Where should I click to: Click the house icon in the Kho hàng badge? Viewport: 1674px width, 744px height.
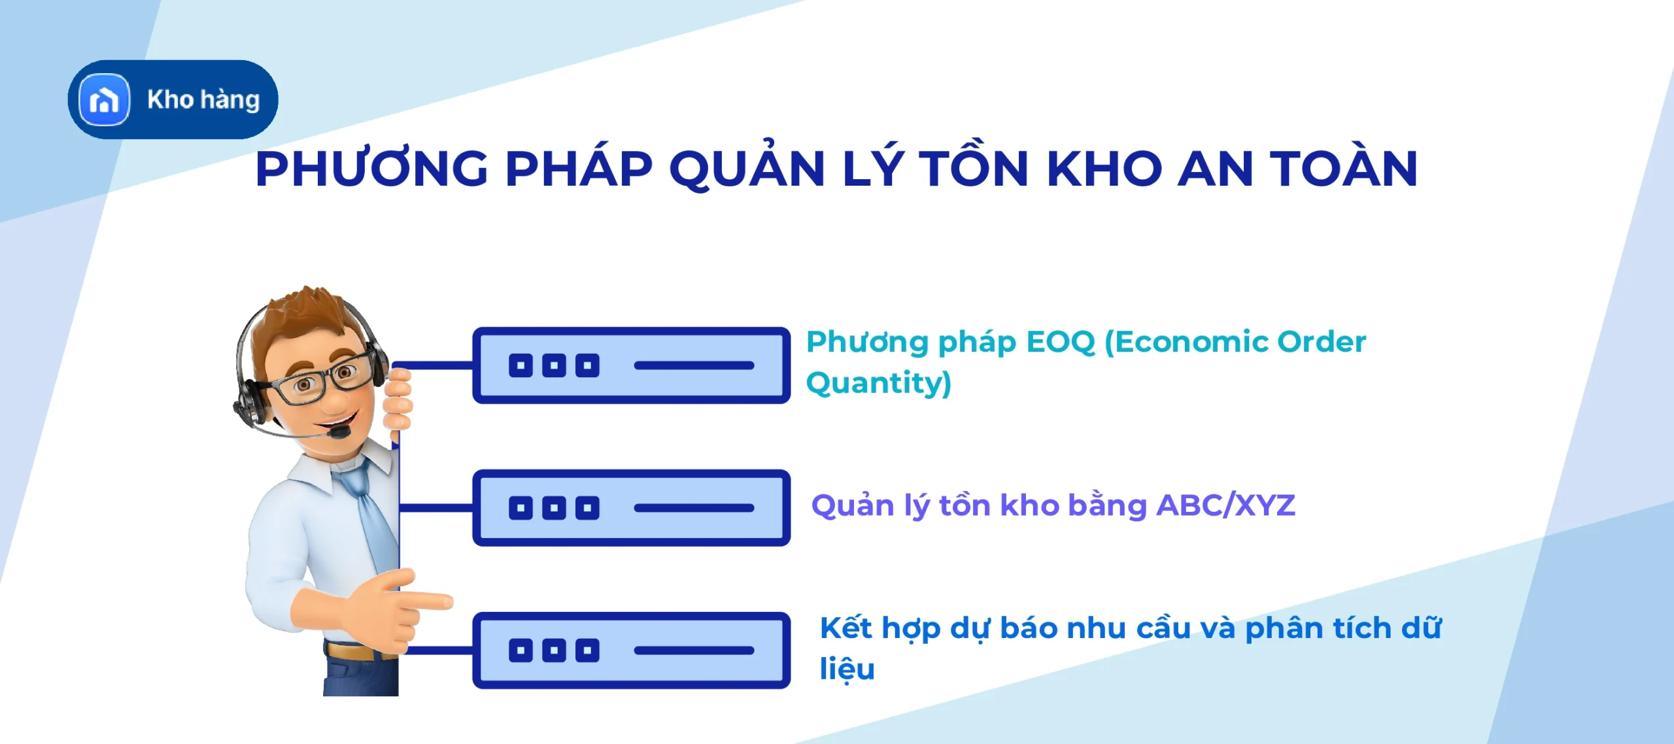(104, 100)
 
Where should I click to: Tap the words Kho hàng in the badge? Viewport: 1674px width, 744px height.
(203, 100)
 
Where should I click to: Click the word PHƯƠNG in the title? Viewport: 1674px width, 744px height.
(371, 169)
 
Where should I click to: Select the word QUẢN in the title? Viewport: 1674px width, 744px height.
(747, 168)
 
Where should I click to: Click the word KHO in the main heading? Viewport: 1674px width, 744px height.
(1104, 169)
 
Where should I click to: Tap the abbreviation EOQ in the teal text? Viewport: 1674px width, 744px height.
(1060, 342)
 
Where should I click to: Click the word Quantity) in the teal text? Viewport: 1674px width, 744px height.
(878, 383)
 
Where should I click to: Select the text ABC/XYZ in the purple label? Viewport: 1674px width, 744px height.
(1225, 505)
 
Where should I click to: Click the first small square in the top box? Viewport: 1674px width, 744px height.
(521, 365)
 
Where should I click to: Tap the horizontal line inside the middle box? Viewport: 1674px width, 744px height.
(694, 508)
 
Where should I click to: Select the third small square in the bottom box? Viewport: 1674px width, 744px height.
(587, 651)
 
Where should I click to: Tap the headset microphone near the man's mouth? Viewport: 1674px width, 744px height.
(339, 432)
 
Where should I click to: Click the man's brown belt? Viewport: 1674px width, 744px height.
(350, 651)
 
